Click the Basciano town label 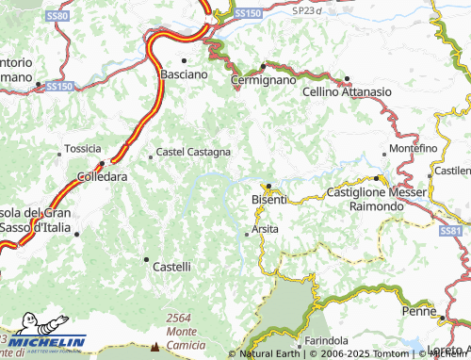coord(183,74)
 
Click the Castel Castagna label coord(193,151)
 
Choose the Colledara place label coord(102,176)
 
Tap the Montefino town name coord(414,149)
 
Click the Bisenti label coord(270,200)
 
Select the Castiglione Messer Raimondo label coord(376,198)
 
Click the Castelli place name coord(172,268)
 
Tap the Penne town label coord(417,310)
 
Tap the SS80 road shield coord(57,16)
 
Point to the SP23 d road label coord(306,10)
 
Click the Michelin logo coord(47,341)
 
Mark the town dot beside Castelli coord(146,258)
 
